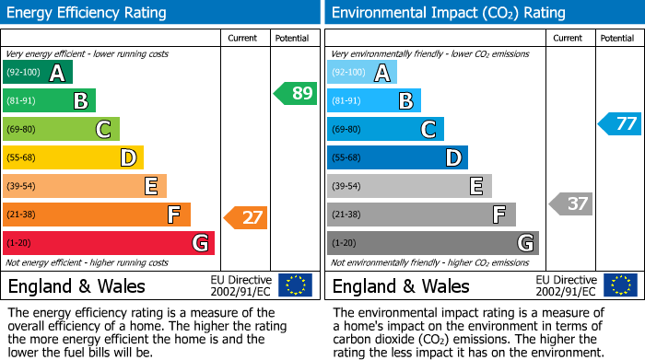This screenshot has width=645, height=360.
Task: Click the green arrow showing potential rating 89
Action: (296, 93)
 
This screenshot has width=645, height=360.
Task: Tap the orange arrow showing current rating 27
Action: (246, 218)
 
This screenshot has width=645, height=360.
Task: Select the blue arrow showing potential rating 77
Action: (620, 123)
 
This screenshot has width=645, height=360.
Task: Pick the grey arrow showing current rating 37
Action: (570, 203)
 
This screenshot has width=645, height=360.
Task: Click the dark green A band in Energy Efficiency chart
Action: (38, 73)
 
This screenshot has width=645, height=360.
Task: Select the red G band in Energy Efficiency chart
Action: (109, 243)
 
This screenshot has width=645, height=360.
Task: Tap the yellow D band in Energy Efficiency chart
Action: (73, 158)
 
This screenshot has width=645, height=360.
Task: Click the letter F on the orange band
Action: (173, 215)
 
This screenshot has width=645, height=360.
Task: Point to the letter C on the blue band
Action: (428, 130)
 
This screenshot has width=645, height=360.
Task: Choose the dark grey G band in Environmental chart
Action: (433, 243)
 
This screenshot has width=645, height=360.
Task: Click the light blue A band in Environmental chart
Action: (362, 73)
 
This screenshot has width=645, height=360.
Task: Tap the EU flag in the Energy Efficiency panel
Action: (295, 285)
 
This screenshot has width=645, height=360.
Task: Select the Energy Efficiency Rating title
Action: (88, 13)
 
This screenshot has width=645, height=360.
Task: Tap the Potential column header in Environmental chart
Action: (616, 38)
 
